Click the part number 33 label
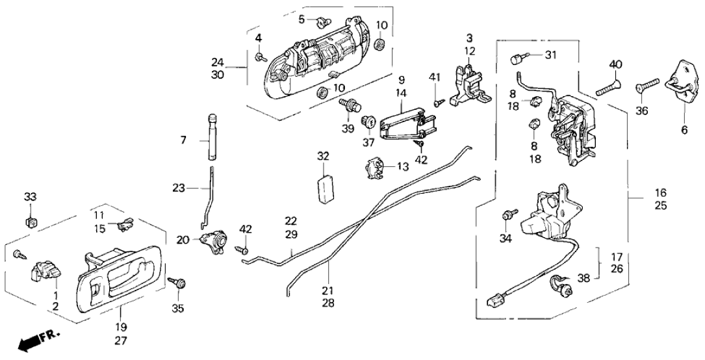click(x=31, y=196)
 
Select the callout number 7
click(x=183, y=140)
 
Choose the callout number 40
click(x=616, y=64)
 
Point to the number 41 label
click(x=435, y=78)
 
